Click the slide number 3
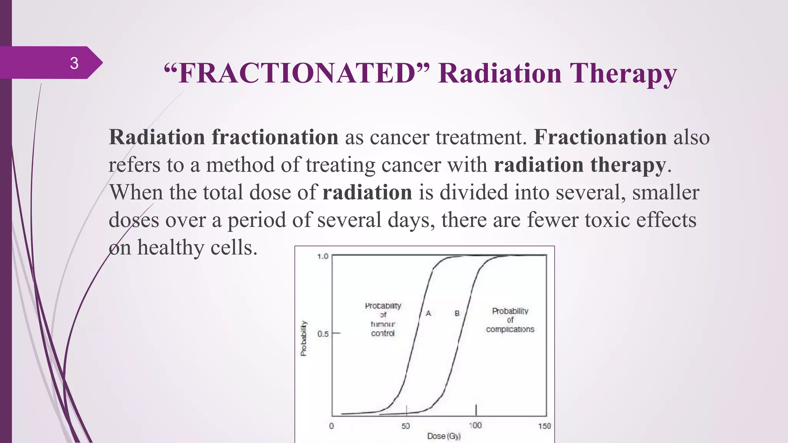(74, 63)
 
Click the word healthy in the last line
(171, 248)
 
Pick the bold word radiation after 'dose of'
(367, 192)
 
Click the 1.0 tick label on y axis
(322, 256)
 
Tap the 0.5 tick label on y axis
(323, 334)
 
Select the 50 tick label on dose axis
(406, 426)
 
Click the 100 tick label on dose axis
(475, 425)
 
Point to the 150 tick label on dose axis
(544, 426)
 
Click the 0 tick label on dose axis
(331, 426)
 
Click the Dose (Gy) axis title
(444, 436)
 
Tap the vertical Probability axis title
(304, 338)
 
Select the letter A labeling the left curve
(428, 313)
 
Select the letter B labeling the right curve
(457, 313)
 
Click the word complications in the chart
(510, 329)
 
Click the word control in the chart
(382, 333)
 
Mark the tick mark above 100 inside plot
(476, 410)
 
